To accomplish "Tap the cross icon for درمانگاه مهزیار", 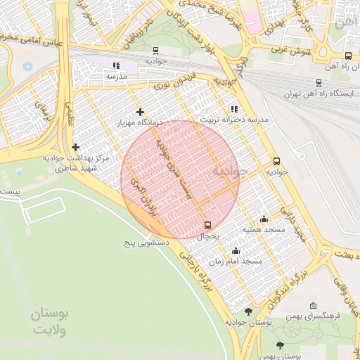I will tap(141, 112).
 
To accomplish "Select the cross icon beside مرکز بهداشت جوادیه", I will tap(75, 147).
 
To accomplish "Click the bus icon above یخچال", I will tap(207, 225).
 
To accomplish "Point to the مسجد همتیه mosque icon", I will tap(264, 219).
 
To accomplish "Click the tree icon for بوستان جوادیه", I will tap(248, 311).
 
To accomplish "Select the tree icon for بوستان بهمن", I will tap(281, 345).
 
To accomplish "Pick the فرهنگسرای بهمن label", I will tap(319, 316).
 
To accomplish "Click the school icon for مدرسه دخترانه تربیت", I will tap(234, 109).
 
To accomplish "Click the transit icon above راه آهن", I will tap(348, 56).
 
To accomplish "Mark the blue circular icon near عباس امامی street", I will tap(28, 65).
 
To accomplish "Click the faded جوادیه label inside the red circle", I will tap(229, 171).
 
